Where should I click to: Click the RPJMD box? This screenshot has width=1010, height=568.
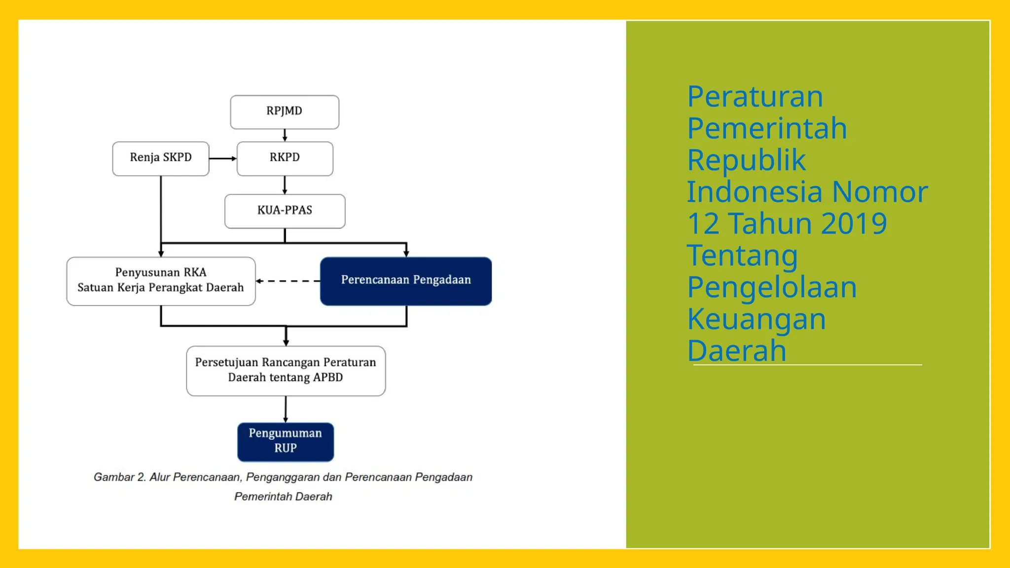pyautogui.click(x=285, y=112)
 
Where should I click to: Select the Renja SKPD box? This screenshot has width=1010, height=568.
pyautogui.click(x=161, y=158)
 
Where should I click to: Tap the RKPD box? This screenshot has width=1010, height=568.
pyautogui.click(x=285, y=158)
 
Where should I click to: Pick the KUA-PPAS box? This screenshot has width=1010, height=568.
pyautogui.click(x=285, y=211)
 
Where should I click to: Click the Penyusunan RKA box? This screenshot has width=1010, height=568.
pyautogui.click(x=161, y=281)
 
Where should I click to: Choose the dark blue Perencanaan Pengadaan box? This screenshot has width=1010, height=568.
pyautogui.click(x=405, y=281)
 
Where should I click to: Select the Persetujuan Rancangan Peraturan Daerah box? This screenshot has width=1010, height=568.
pyautogui.click(x=286, y=370)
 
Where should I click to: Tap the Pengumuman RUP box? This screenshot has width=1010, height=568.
pyautogui.click(x=285, y=441)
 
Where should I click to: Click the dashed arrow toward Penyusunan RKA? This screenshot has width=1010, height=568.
pyautogui.click(x=288, y=281)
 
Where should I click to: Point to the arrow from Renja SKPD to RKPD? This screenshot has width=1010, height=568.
pyautogui.click(x=222, y=158)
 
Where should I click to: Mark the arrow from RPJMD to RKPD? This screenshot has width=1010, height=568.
pyautogui.click(x=285, y=135)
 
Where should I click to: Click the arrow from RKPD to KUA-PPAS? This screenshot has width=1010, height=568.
pyautogui.click(x=285, y=185)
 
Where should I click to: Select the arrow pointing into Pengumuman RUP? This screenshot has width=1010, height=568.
pyautogui.click(x=286, y=409)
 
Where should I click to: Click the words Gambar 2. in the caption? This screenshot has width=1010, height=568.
pyautogui.click(x=119, y=477)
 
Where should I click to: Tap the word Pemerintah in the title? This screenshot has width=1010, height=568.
pyautogui.click(x=767, y=128)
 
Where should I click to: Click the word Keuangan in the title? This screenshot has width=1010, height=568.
pyautogui.click(x=756, y=319)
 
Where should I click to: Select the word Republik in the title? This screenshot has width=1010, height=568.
pyautogui.click(x=746, y=160)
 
